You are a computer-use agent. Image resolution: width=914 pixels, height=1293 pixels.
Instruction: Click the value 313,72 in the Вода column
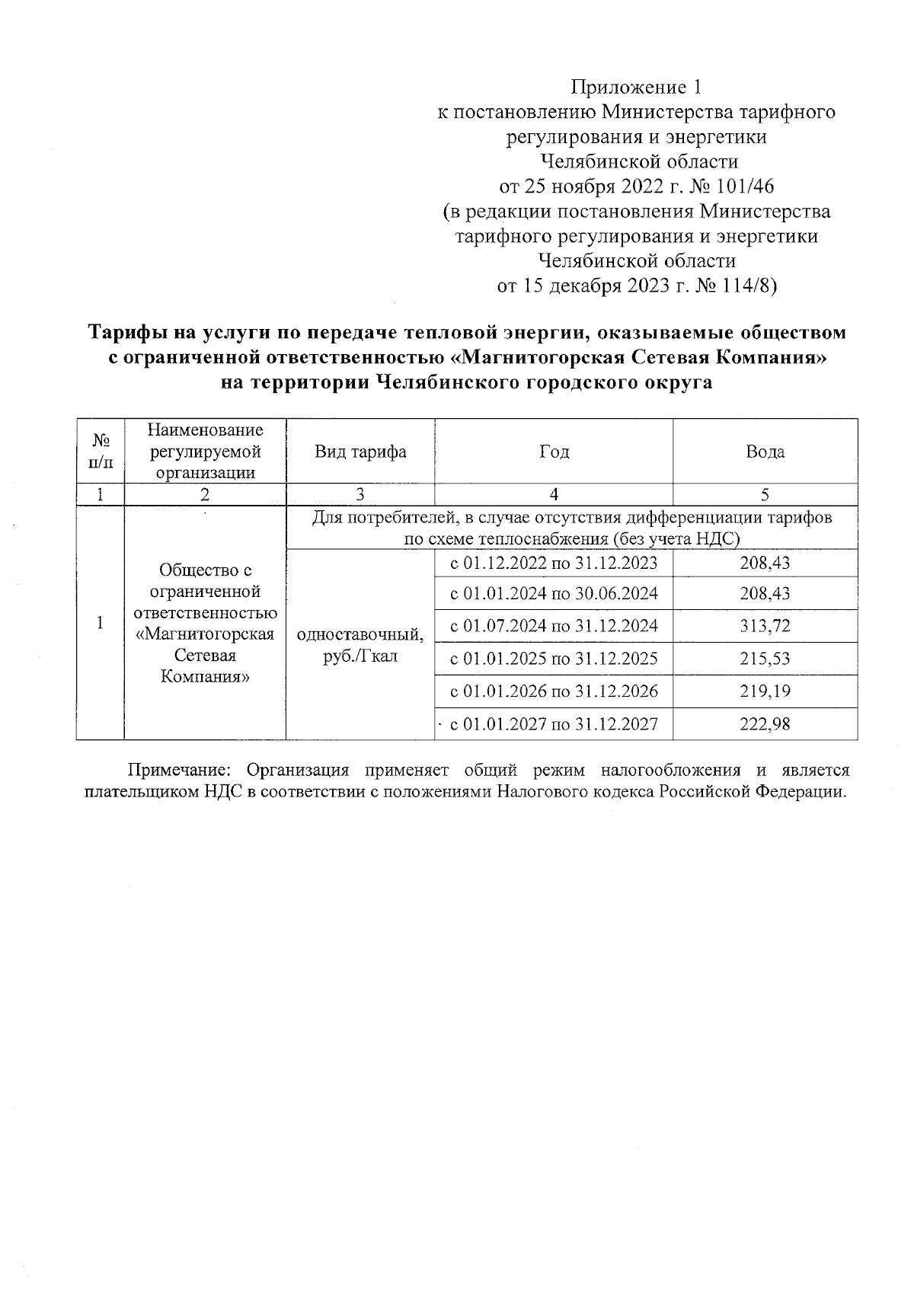[765, 626]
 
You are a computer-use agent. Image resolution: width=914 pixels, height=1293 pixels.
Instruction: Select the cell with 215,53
[765, 659]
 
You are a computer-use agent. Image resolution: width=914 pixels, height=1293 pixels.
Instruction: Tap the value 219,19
[765, 691]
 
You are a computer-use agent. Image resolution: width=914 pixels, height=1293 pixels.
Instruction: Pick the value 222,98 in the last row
[765, 724]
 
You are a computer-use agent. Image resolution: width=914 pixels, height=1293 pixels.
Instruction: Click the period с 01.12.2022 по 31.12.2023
[554, 563]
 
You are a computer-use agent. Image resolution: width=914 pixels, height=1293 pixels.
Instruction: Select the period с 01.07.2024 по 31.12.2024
[554, 626]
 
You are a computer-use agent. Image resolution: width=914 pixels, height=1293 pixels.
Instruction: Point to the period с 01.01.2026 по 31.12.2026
[554, 691]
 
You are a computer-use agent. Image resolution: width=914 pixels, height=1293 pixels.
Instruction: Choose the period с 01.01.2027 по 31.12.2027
[554, 724]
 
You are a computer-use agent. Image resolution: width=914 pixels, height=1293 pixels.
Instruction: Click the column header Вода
[765, 452]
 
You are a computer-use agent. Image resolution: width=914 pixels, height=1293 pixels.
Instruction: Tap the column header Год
[554, 452]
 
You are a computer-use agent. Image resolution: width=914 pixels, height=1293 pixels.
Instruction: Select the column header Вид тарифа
[360, 452]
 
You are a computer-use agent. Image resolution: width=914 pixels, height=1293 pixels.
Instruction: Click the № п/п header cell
[100, 452]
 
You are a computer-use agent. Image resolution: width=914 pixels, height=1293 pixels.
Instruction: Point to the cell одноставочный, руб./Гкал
[360, 644]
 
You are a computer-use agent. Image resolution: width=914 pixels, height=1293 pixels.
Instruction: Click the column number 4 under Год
[554, 495]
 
